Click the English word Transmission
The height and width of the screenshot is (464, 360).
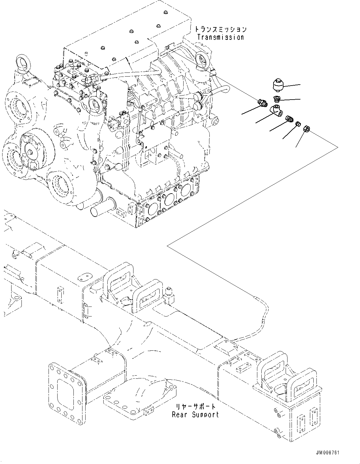point(221,37)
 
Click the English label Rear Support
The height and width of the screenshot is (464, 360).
point(195,415)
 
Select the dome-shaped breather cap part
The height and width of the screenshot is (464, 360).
point(277,85)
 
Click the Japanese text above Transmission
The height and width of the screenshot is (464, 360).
point(221,29)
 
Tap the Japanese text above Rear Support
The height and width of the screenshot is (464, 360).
point(195,407)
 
